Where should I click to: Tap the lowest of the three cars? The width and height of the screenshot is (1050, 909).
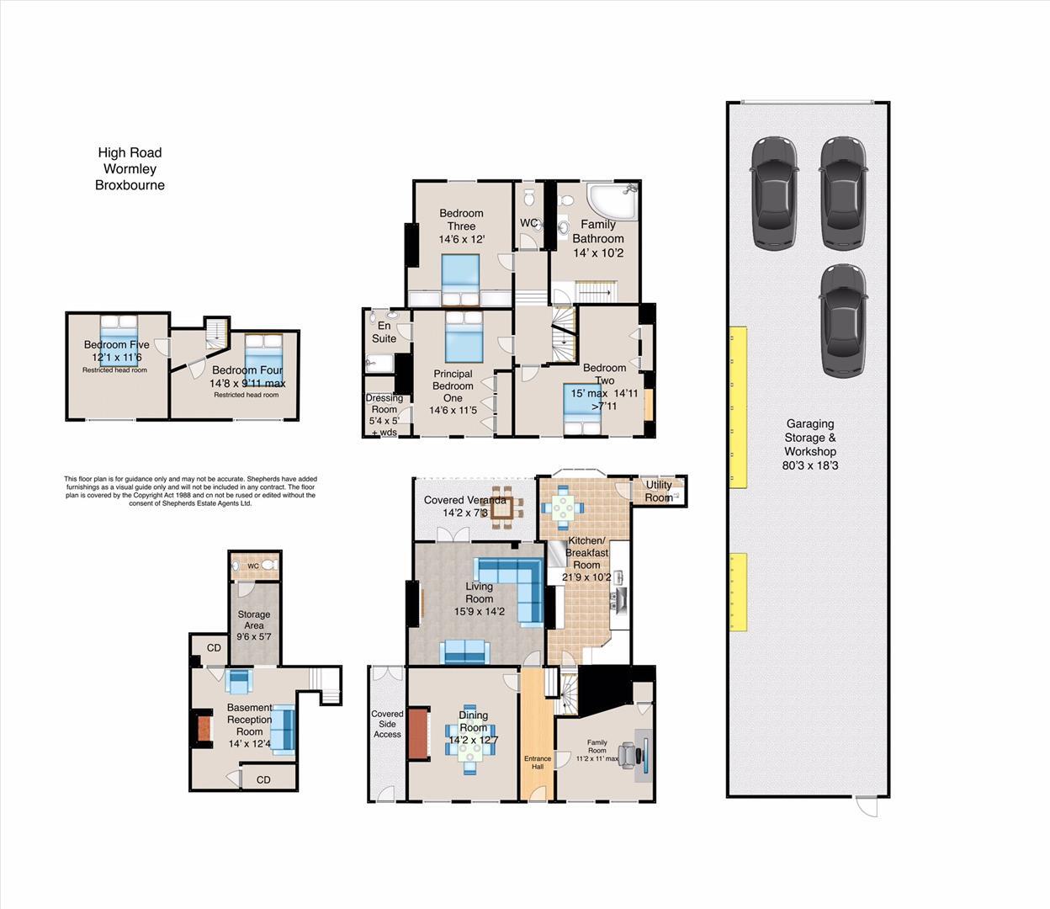(x=842, y=320)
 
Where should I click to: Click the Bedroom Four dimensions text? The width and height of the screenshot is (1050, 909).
(x=248, y=384)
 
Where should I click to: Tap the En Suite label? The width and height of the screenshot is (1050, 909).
(x=384, y=332)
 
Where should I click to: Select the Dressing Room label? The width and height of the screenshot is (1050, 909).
(x=384, y=404)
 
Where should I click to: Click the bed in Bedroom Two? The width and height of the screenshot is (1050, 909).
(x=581, y=408)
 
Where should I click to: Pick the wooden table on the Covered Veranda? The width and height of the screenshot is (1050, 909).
(x=501, y=508)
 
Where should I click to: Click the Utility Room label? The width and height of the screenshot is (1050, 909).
(x=659, y=491)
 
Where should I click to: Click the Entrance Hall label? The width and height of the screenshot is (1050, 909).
(x=538, y=763)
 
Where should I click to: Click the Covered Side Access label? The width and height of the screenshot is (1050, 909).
(x=387, y=724)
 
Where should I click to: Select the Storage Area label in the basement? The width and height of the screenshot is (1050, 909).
(x=253, y=619)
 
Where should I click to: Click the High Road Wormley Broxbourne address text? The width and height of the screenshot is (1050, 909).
(x=130, y=168)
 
